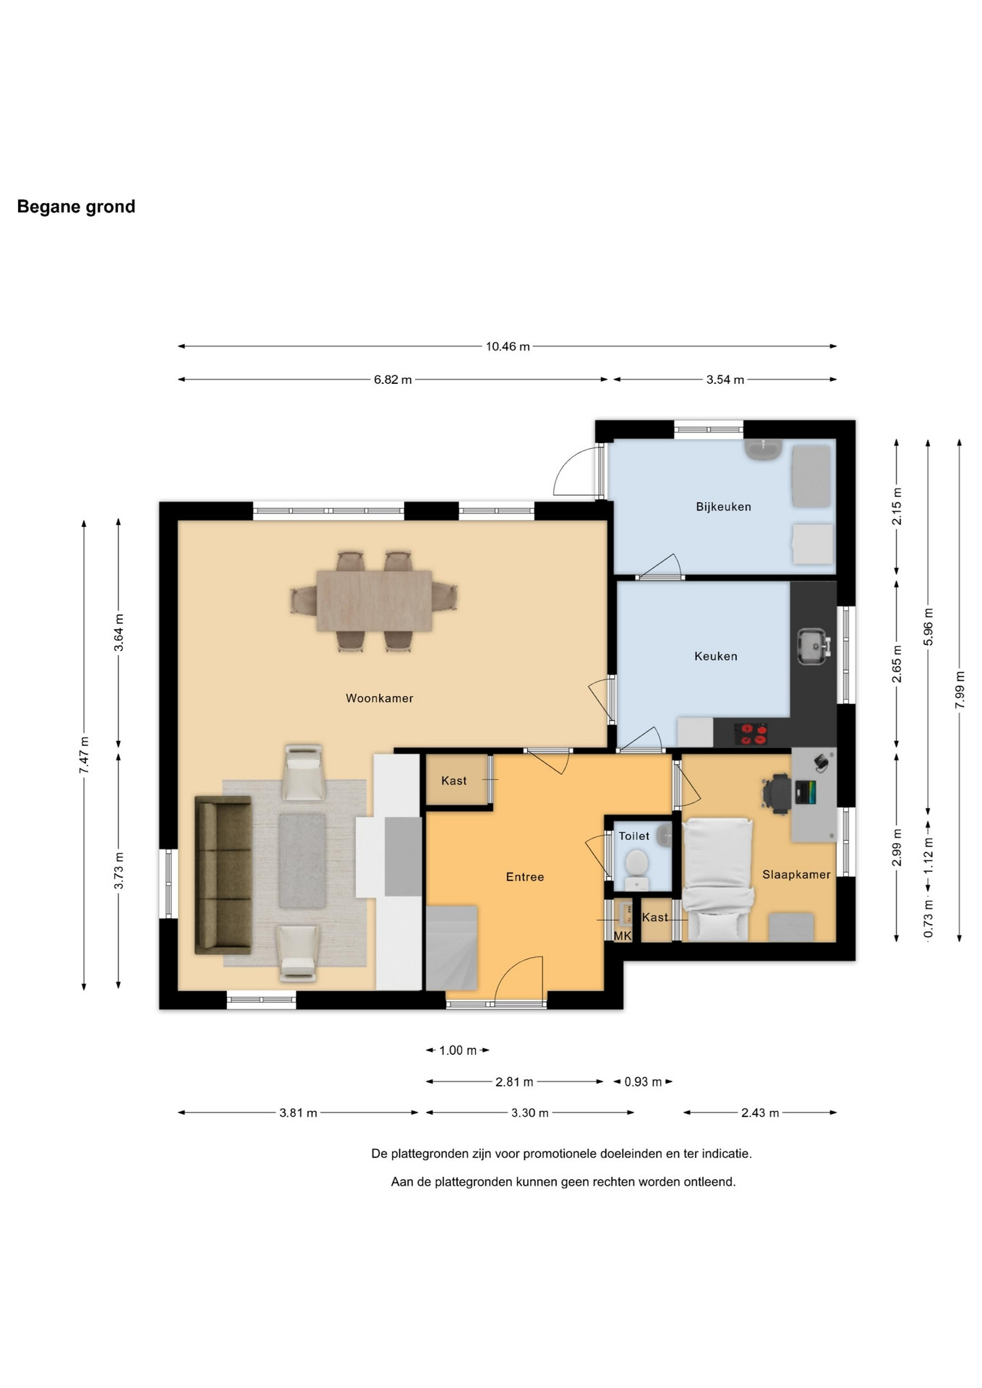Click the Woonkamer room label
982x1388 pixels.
(379, 698)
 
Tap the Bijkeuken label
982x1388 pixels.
(723, 507)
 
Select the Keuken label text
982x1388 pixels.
(716, 656)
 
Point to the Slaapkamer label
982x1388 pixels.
(796, 875)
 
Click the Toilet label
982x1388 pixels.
(634, 836)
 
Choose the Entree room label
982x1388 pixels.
(525, 877)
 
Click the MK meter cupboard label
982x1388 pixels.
(623, 935)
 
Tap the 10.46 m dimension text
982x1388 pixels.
(508, 346)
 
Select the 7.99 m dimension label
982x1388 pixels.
(960, 690)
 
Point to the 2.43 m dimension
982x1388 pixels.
(760, 1113)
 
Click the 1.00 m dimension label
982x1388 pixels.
(458, 1050)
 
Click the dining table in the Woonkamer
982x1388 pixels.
(375, 601)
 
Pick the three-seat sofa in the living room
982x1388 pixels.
(223, 875)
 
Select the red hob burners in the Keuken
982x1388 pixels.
(752, 734)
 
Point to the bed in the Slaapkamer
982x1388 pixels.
(719, 879)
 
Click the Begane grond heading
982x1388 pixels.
(76, 207)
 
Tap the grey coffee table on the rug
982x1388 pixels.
(303, 860)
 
